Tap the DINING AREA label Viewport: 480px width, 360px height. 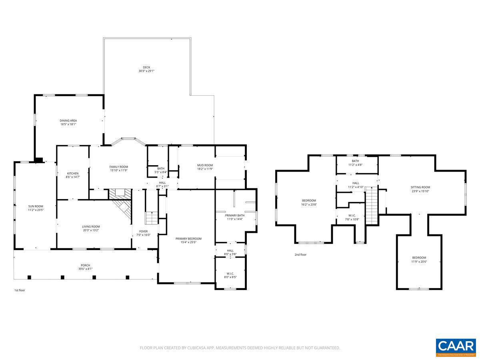point(68,120)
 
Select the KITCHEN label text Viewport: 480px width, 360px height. point(72,173)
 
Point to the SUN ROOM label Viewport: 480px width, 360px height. point(35,206)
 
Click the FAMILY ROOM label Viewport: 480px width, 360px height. point(118,167)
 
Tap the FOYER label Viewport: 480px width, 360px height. point(143,231)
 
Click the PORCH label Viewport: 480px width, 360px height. point(85,265)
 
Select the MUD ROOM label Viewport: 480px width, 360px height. point(205,165)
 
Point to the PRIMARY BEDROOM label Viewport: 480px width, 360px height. point(188,239)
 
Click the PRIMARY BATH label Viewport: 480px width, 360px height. point(234,215)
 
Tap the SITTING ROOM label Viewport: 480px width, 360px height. point(420,187)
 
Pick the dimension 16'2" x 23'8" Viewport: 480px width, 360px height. point(309,204)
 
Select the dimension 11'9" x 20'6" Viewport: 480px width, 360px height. point(419,262)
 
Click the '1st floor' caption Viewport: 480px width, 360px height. point(19,290)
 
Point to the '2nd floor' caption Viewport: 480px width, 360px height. point(300,254)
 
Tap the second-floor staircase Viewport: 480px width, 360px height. point(372,206)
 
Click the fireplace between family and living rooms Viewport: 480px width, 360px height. point(120,193)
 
